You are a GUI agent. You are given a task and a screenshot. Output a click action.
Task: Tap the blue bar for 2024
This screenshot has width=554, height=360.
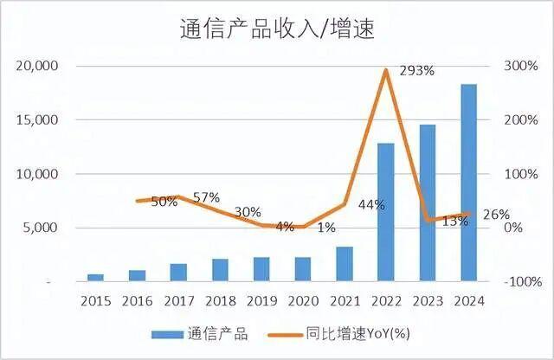[x=468, y=183]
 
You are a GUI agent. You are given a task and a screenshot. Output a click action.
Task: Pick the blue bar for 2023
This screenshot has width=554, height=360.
[x=428, y=202]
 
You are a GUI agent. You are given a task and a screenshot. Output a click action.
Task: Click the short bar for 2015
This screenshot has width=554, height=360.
[x=95, y=277]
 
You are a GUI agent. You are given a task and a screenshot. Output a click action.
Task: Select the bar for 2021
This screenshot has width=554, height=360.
[x=345, y=264]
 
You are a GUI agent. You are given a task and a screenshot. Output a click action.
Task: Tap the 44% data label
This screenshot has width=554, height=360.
[x=371, y=204]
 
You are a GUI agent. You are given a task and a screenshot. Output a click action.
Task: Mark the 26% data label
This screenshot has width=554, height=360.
[x=496, y=214]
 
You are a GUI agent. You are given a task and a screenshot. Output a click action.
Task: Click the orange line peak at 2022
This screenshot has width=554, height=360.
[x=386, y=70]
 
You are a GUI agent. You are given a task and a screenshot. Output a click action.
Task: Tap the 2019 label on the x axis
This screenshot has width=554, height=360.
[x=261, y=300]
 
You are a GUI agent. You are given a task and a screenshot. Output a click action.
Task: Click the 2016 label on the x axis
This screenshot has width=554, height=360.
[x=137, y=300]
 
